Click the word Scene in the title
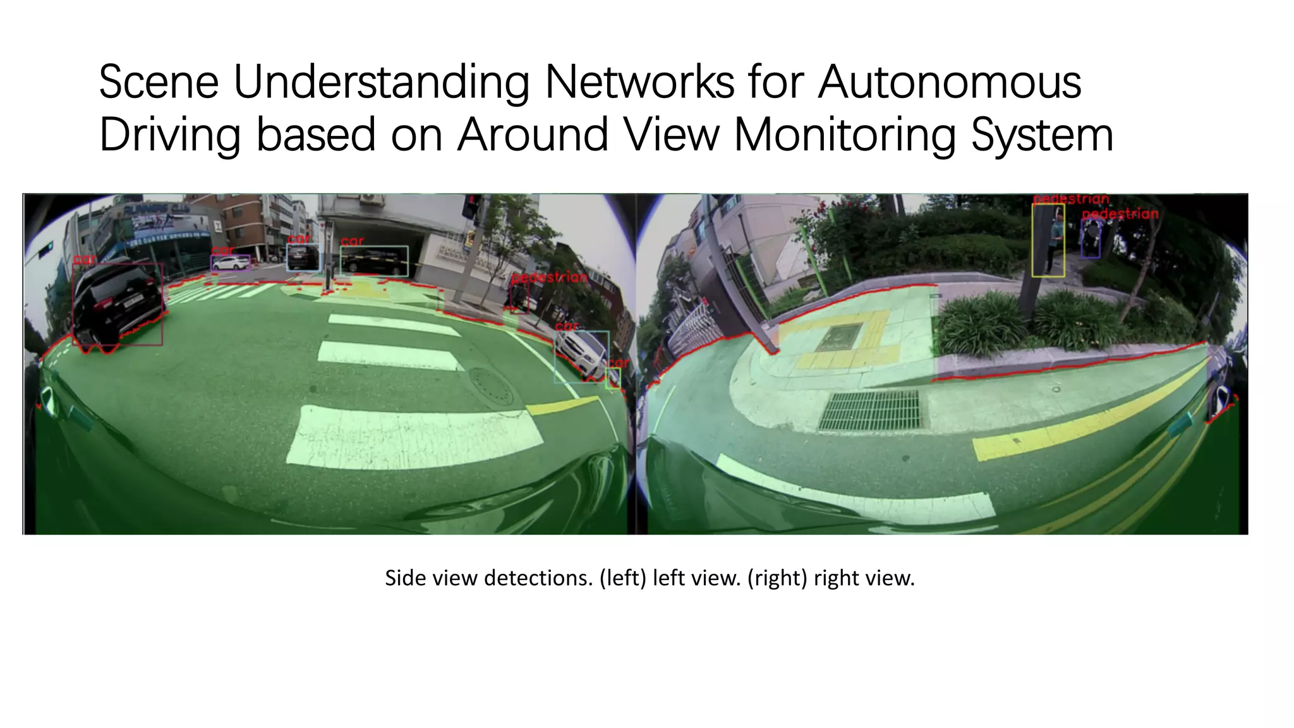[159, 83]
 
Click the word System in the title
[1042, 136]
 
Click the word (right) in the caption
[777, 578]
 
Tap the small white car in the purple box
[230, 263]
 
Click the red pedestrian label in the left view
[549, 277]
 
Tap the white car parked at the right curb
[581, 356]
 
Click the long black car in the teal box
[374, 260]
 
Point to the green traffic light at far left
[45, 251]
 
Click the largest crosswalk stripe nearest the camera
[414, 435]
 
